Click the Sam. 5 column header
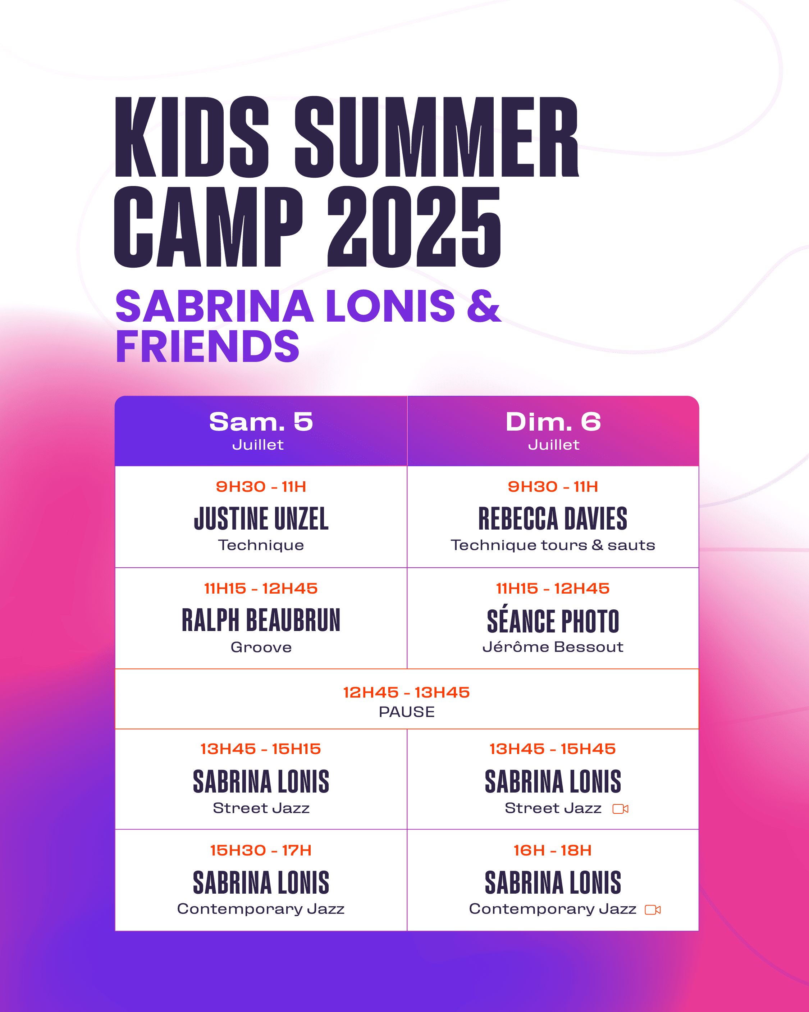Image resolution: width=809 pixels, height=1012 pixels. tap(261, 422)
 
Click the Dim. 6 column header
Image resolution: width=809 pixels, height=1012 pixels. tap(553, 422)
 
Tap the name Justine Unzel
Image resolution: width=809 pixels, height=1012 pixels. tap(261, 519)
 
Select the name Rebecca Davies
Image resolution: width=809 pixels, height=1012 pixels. tap(553, 519)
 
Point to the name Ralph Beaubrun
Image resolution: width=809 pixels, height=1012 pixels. tap(261, 620)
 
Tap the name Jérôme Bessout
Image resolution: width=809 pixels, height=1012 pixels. tap(553, 647)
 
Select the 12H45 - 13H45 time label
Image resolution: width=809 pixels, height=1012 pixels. tap(406, 692)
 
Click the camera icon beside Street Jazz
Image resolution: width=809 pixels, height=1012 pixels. tap(620, 809)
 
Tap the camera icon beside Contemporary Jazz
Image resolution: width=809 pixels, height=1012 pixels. tap(653, 910)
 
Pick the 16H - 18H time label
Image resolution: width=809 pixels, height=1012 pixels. tap(553, 850)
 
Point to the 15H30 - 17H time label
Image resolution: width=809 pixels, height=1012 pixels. tap(261, 850)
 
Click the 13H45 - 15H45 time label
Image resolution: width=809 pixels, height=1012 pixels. tap(553, 749)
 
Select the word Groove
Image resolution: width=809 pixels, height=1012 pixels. tap(261, 647)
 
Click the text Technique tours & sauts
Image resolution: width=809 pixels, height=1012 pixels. tap(553, 545)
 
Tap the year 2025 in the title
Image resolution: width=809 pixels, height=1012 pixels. tap(414, 227)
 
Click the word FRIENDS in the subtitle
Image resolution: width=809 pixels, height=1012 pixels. tap(207, 346)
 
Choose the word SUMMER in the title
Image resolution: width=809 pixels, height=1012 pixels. tap(437, 137)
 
